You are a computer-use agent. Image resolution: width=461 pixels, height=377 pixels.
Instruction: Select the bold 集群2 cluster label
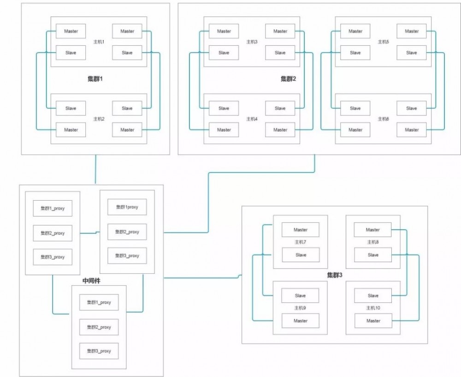[x=288, y=79]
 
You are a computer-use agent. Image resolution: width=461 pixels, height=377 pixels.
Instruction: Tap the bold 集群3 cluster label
[x=334, y=275]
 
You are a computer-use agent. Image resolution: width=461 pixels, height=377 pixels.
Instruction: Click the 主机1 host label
[x=100, y=42]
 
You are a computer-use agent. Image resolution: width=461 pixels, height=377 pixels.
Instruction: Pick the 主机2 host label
[x=100, y=119]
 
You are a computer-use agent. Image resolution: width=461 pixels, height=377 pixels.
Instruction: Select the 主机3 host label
[x=252, y=42]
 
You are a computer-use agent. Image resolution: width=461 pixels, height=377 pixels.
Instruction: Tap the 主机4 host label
[x=252, y=119]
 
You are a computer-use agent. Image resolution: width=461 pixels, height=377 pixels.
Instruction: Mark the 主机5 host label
[x=383, y=42]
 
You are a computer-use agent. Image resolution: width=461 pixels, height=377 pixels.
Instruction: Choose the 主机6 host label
[x=383, y=119]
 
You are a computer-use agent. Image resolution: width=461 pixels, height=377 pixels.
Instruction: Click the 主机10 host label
[x=373, y=308]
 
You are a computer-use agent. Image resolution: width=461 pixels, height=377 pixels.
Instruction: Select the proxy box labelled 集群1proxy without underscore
[x=127, y=207]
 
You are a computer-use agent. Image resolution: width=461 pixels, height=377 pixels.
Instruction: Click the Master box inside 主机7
[x=301, y=230]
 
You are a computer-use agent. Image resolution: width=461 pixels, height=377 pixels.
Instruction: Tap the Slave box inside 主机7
[x=301, y=255]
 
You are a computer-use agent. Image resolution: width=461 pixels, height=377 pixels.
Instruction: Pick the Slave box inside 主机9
[x=301, y=296]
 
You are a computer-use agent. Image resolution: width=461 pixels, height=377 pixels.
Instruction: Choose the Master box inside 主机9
[x=301, y=321]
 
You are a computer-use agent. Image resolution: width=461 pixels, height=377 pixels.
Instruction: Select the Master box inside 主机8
[x=373, y=230]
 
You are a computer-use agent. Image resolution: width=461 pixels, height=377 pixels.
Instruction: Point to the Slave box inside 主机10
[x=373, y=296]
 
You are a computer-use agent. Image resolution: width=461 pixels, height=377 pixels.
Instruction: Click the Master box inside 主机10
[x=373, y=321]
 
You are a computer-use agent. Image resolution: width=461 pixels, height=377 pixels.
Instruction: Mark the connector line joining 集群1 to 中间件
[x=95, y=169]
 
